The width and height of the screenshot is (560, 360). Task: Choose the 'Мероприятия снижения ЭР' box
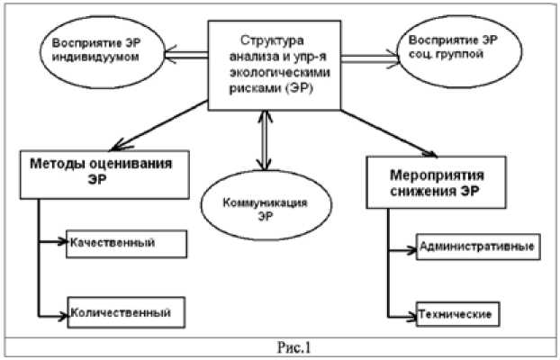432,184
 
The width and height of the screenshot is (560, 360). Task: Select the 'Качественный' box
127,243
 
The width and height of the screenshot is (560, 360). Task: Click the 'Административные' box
477,246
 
